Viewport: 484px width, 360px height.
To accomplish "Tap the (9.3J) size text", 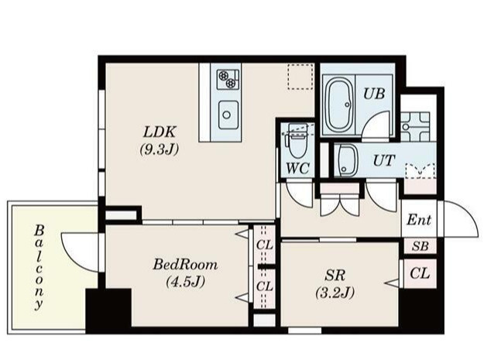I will [x=160, y=149].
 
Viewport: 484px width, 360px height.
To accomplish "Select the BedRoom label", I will [x=185, y=265].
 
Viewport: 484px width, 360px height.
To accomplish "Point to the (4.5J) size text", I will [x=185, y=282].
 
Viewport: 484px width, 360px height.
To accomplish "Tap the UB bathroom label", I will [x=373, y=93].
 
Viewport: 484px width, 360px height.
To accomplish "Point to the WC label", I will [x=297, y=167].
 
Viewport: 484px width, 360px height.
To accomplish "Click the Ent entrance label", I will [x=419, y=221].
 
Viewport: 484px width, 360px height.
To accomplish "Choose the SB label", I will [x=420, y=247].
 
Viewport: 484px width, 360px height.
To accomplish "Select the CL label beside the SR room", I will [x=420, y=273].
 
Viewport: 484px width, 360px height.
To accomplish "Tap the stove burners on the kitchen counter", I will [x=227, y=77].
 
